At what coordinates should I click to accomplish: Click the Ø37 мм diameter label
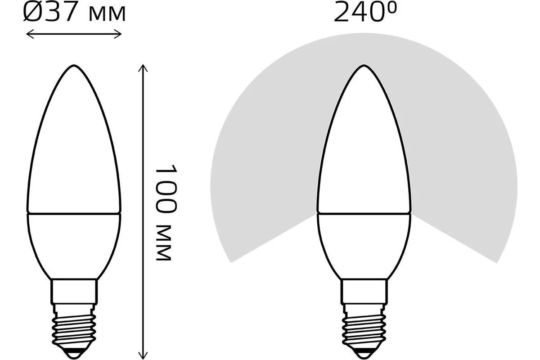[74, 13]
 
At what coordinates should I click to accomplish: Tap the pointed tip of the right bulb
[364, 66]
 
